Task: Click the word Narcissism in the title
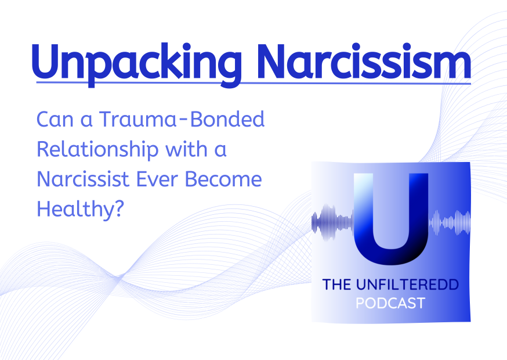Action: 364,61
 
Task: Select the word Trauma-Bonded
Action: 182,119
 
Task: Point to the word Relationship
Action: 97,150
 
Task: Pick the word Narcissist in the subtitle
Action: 83,179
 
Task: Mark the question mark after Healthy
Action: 119,209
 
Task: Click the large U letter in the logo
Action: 391,219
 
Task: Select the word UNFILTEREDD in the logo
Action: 407,285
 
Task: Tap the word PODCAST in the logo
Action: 390,303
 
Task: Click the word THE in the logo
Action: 336,285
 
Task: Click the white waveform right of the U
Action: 450,223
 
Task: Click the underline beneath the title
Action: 253,83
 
